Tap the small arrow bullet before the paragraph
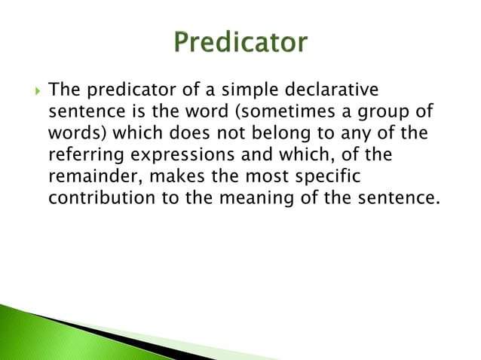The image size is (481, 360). click(29, 92)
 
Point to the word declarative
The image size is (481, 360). click(328, 92)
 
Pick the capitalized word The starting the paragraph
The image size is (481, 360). click(62, 92)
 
